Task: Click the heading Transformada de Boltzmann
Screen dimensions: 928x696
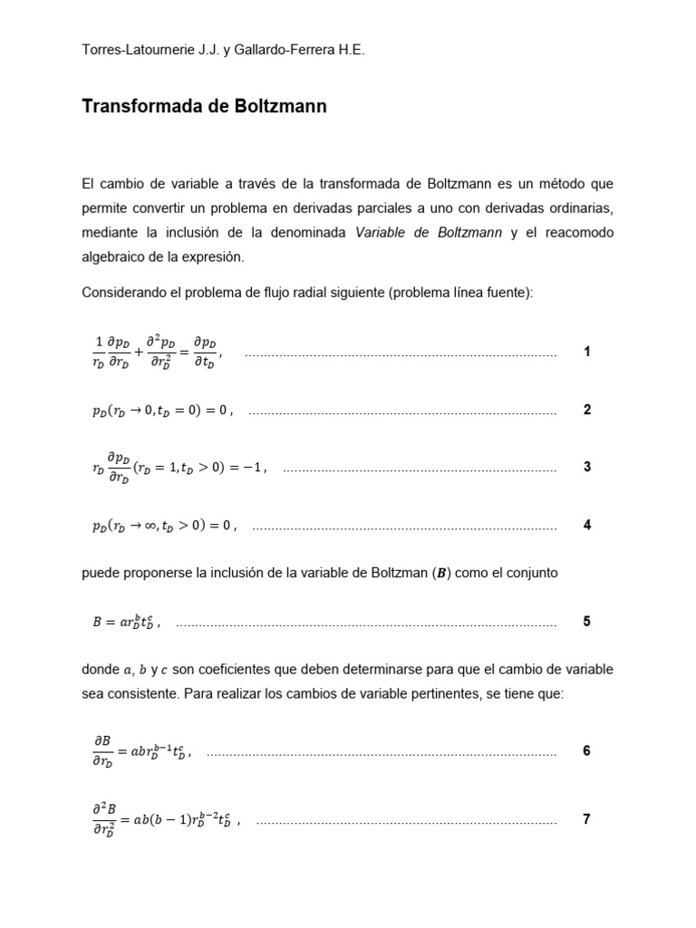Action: pos(204,107)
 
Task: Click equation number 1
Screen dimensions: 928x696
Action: pos(587,352)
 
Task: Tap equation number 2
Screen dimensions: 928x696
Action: pos(587,410)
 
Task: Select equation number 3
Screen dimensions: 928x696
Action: pos(587,468)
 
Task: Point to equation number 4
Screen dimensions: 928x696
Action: pos(587,525)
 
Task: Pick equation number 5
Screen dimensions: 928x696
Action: pos(587,622)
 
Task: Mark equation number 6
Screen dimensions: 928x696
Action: pos(587,751)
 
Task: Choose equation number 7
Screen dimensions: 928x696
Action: pos(587,819)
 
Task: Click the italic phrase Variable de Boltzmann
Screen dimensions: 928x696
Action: pos(429,233)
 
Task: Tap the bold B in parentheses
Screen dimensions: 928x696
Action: pos(442,573)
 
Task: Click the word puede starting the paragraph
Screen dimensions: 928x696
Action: pos(100,573)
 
